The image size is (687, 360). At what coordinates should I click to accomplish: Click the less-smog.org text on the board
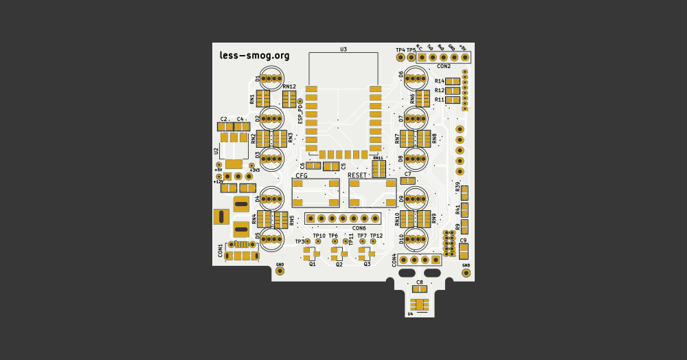pos(254,56)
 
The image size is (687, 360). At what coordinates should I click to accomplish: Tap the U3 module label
pos(343,49)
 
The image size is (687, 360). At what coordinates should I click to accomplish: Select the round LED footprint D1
pos(273,78)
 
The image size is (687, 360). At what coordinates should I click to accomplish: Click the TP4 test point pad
pos(401,58)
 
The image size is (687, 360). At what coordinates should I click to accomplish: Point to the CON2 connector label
pos(444,67)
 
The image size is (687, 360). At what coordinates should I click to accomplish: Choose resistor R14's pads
pos(453,81)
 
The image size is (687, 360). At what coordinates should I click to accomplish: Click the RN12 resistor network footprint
pos(289,98)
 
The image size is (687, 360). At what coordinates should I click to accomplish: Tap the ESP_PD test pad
pos(300,102)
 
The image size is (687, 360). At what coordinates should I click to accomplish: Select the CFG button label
pos(302,176)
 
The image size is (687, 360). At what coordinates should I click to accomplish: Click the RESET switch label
pos(357,175)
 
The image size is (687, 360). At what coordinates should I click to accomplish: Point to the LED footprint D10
pos(416,239)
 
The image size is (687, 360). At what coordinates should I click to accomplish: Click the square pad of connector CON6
pos(311,218)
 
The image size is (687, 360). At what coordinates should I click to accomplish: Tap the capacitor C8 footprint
pos(420,289)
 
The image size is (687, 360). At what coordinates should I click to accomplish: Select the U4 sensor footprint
pos(419,304)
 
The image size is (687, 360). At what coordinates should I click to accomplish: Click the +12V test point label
pos(218,182)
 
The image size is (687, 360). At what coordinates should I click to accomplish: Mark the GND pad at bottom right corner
pos(466,273)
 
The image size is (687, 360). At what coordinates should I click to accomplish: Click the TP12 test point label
pos(376,236)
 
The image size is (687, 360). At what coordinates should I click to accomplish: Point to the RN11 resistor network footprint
pos(379,169)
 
